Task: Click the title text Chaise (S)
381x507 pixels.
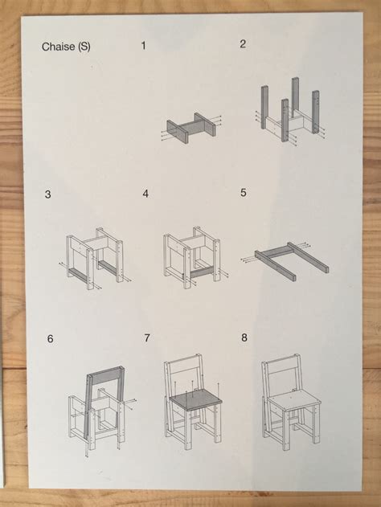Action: pos(66,47)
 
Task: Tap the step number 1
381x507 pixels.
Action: pos(144,46)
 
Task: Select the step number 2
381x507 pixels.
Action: pos(242,44)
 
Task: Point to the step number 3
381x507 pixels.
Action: pos(48,194)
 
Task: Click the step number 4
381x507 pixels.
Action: pos(145,194)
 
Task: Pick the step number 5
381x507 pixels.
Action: pos(243,193)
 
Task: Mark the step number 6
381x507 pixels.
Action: pos(50,339)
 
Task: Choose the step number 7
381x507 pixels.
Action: pos(146,338)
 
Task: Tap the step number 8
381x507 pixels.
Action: pos(244,337)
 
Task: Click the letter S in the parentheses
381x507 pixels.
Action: pos(84,47)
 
